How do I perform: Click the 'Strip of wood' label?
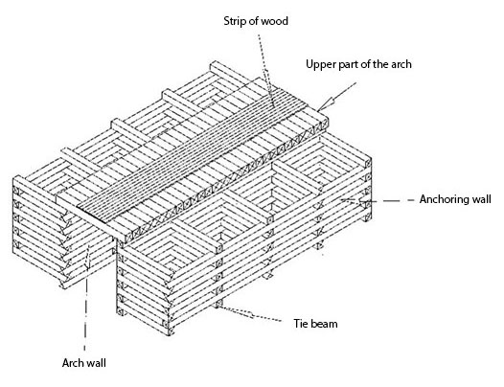pyautogui.click(x=256, y=21)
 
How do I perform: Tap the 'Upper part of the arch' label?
pyautogui.click(x=358, y=64)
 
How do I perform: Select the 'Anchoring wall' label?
pyautogui.click(x=455, y=199)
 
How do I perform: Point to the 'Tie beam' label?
pyautogui.click(x=315, y=324)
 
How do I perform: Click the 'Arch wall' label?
pyautogui.click(x=84, y=363)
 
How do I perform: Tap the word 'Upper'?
pyautogui.click(x=318, y=64)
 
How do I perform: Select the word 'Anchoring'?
pyautogui.click(x=444, y=199)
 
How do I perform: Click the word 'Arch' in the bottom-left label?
pyautogui.click(x=72, y=363)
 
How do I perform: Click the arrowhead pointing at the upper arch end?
pyautogui.click(x=325, y=104)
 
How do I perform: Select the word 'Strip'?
pyautogui.click(x=234, y=21)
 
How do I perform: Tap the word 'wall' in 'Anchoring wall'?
pyautogui.click(x=481, y=199)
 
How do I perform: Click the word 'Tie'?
pyautogui.click(x=300, y=324)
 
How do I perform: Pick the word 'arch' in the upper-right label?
pyautogui.click(x=401, y=64)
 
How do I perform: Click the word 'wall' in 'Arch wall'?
pyautogui.click(x=96, y=363)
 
